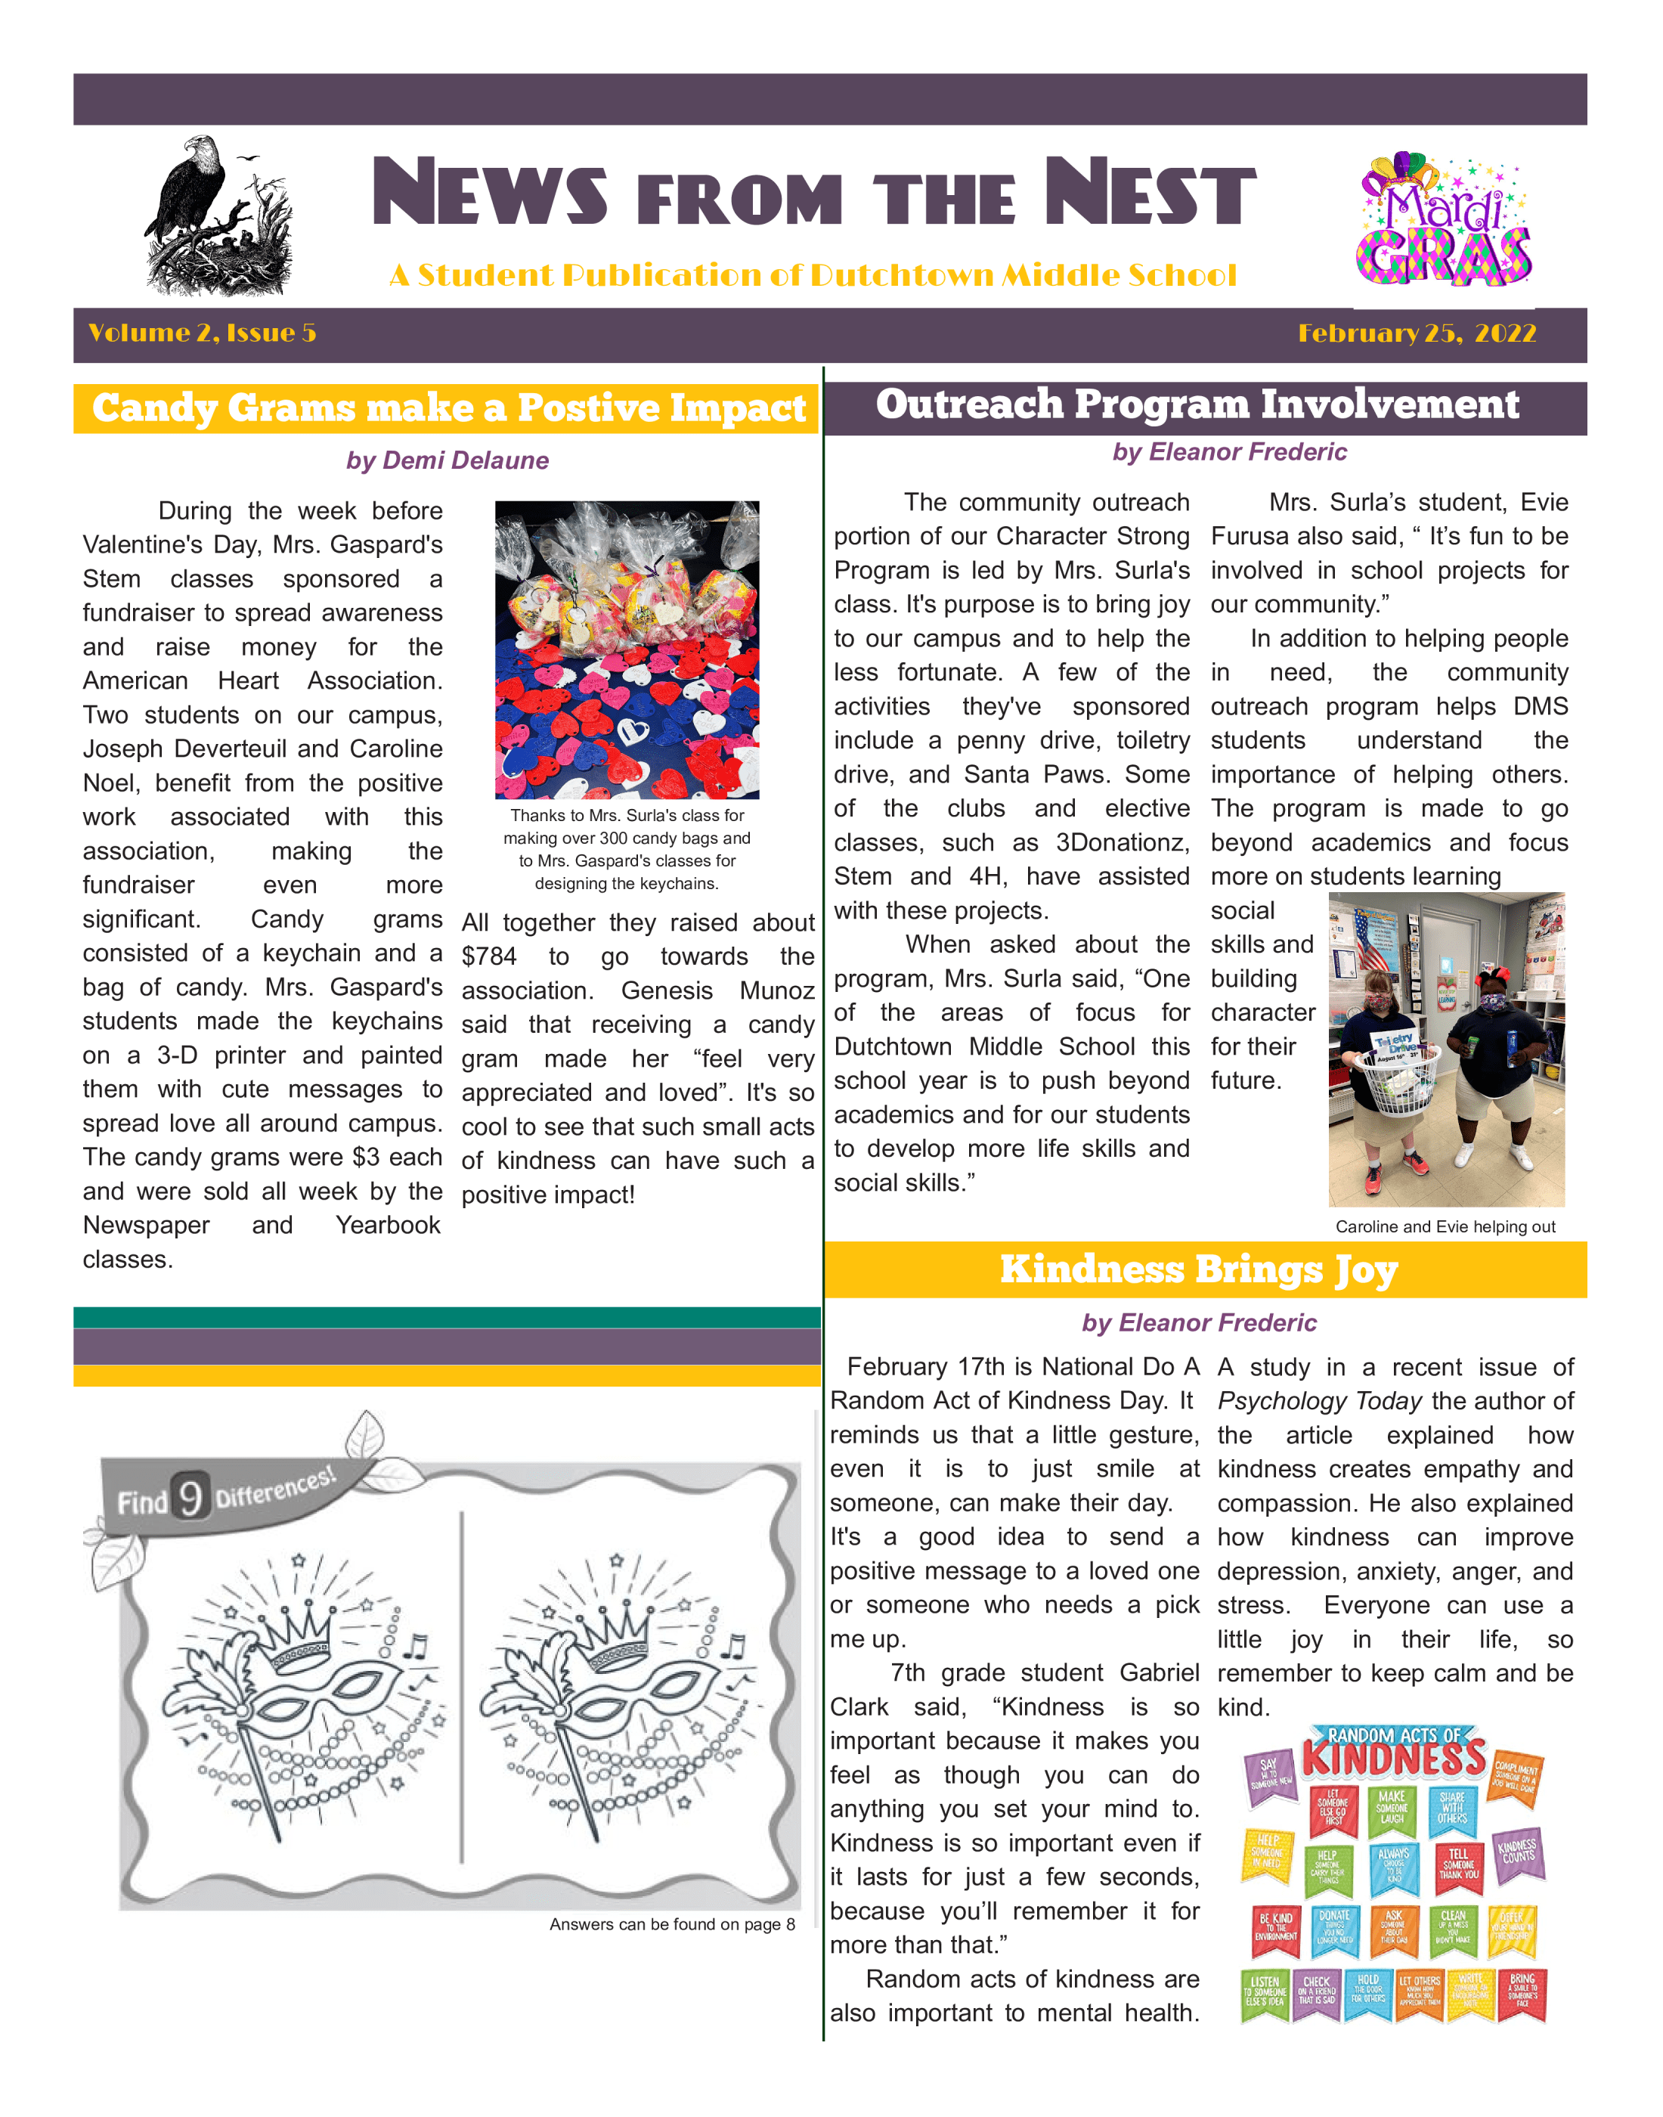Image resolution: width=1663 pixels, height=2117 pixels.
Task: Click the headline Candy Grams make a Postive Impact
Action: [x=448, y=408]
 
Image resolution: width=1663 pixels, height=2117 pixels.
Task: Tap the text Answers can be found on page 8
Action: [x=672, y=1924]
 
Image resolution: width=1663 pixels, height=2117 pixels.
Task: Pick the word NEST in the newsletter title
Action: [x=1149, y=193]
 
